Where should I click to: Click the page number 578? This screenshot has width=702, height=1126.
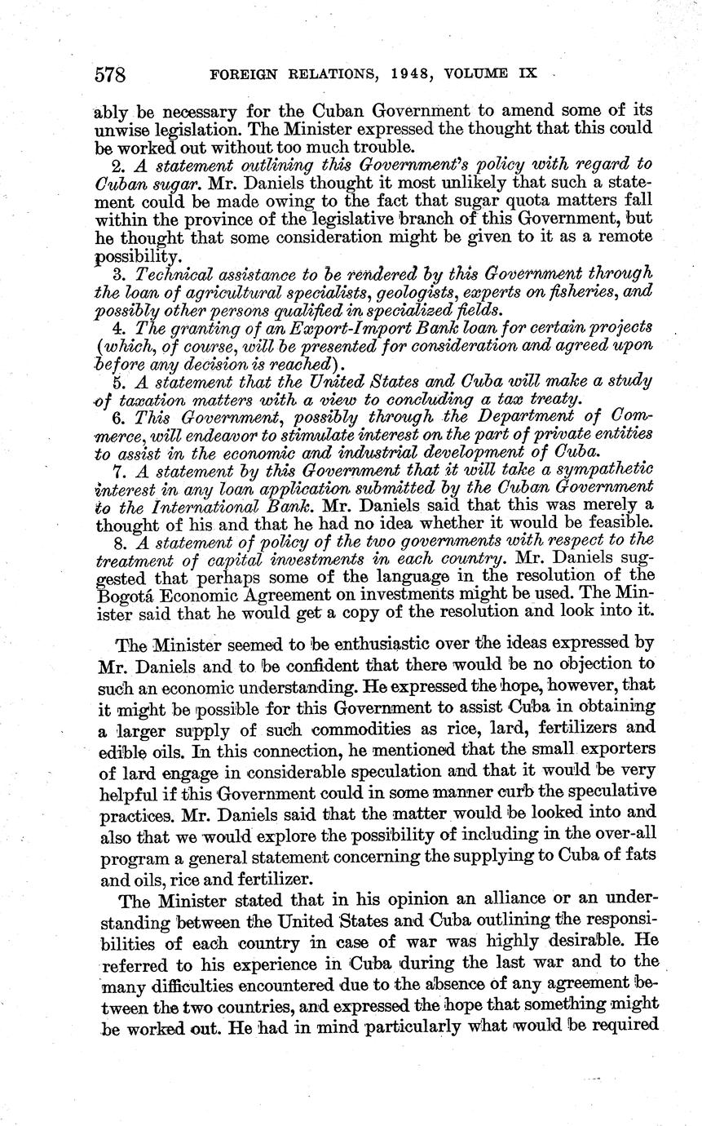click(110, 75)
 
